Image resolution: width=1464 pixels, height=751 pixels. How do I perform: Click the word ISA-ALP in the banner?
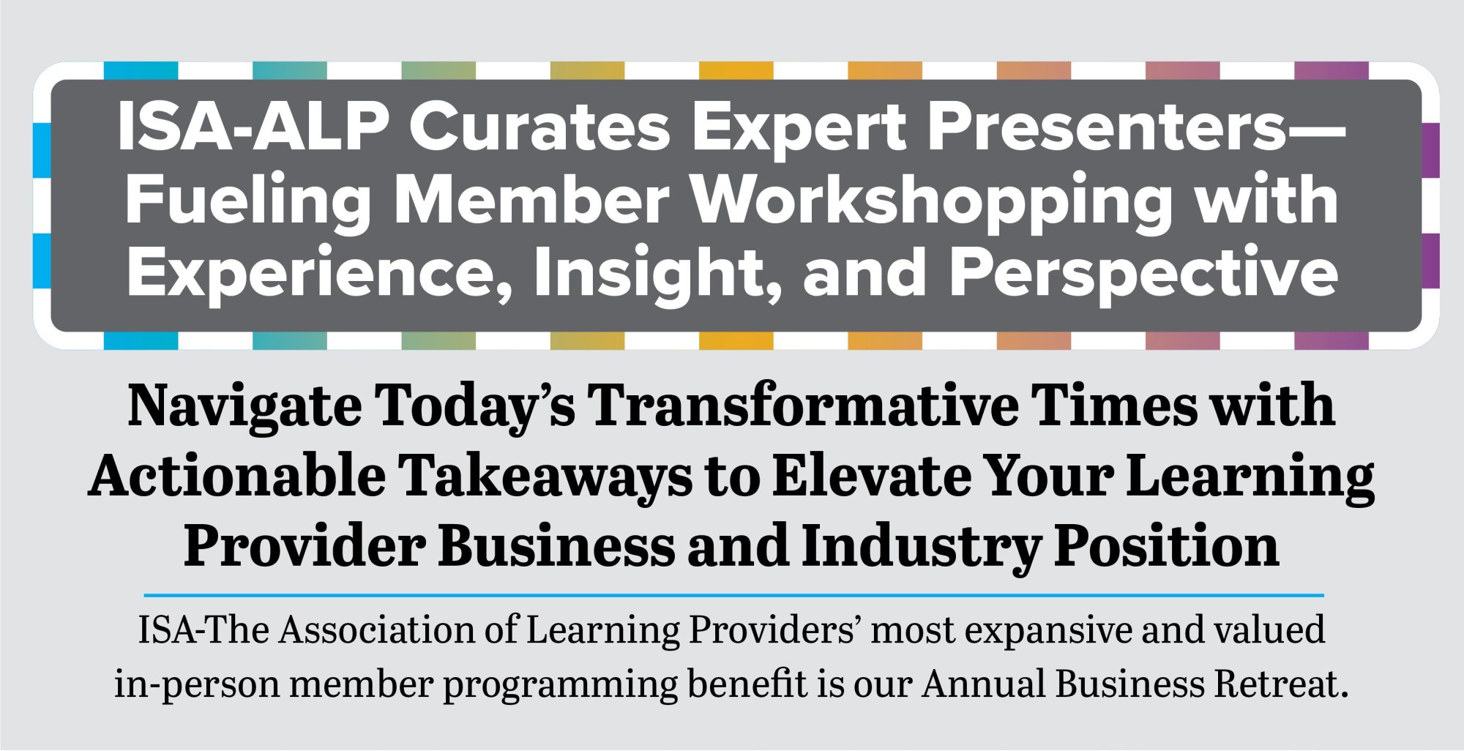[253, 127]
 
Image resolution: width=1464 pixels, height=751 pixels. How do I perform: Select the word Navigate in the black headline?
[244, 407]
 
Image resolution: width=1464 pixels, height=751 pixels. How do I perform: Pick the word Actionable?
[236, 476]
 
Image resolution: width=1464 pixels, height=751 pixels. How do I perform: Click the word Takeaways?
[545, 477]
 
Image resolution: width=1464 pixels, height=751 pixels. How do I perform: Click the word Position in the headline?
[1167, 546]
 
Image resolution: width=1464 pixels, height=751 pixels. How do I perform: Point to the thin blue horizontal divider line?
[734, 595]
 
